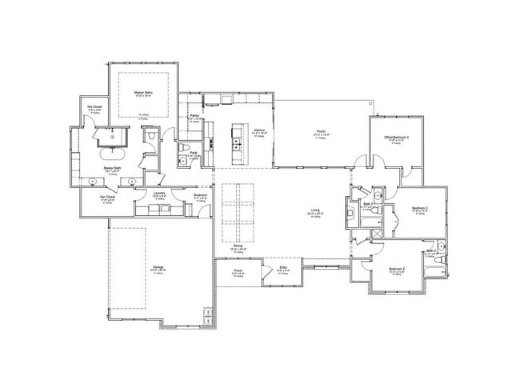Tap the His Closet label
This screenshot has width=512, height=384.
pyautogui.click(x=92, y=107)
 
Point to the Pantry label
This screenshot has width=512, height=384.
pyautogui.click(x=195, y=116)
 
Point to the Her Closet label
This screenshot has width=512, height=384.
pyautogui.click(x=107, y=197)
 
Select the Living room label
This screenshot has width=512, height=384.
pyautogui.click(x=315, y=210)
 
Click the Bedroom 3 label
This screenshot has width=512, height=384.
pyautogui.click(x=420, y=208)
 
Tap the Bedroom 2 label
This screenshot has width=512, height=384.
pyautogui.click(x=396, y=269)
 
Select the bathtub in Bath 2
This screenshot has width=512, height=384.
pyautogui.click(x=434, y=272)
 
